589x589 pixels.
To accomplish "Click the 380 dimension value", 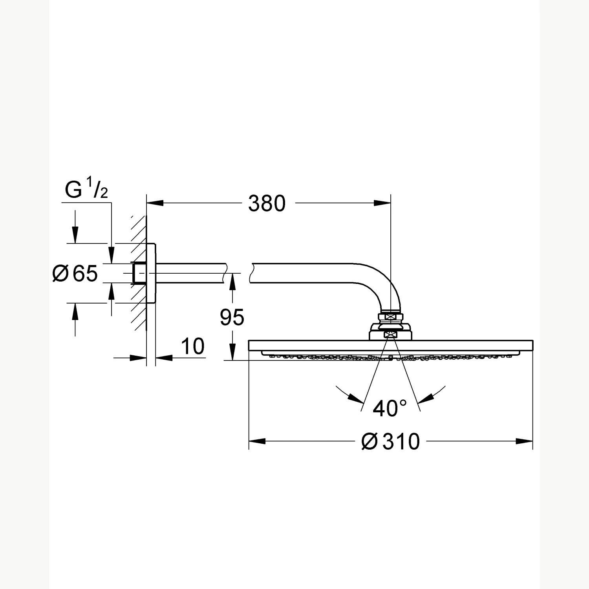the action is (x=267, y=203).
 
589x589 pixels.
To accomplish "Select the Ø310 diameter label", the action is (x=390, y=441).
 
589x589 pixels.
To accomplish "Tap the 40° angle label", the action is (x=390, y=408).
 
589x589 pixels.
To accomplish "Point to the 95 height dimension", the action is (x=232, y=317).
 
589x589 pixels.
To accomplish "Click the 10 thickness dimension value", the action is (x=192, y=346).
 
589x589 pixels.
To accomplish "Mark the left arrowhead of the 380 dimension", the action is (x=155, y=203).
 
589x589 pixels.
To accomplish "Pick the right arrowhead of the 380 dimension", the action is (x=382, y=203).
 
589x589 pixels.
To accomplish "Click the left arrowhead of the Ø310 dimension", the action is (x=257, y=441).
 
